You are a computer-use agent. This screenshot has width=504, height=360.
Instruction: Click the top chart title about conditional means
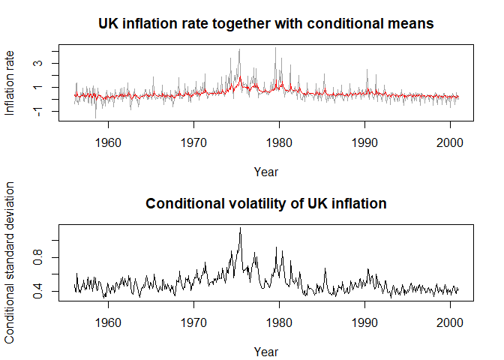[x=266, y=23]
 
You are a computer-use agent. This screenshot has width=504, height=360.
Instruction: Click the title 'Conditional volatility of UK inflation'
[x=266, y=204]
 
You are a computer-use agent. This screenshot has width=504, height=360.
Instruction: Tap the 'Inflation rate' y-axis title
[x=10, y=82]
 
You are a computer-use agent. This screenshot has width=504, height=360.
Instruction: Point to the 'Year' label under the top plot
[x=266, y=172]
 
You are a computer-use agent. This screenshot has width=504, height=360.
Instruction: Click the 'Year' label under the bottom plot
[x=266, y=351]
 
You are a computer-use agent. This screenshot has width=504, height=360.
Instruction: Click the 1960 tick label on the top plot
[x=108, y=140]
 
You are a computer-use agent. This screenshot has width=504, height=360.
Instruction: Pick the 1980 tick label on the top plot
[x=279, y=140]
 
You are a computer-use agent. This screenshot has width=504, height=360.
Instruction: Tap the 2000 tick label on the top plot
[x=451, y=140]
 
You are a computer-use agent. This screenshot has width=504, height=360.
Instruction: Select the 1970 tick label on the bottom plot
[x=193, y=321]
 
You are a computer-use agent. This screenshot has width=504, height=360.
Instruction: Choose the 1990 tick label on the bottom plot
[x=365, y=321]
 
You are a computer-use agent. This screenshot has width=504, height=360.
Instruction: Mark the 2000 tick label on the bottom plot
[x=451, y=321]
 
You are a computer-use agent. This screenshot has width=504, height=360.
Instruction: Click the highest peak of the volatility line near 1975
[x=240, y=228]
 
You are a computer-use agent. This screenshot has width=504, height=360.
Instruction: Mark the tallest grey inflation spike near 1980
[x=275, y=48]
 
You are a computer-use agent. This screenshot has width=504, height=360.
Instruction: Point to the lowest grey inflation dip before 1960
[x=95, y=118]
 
